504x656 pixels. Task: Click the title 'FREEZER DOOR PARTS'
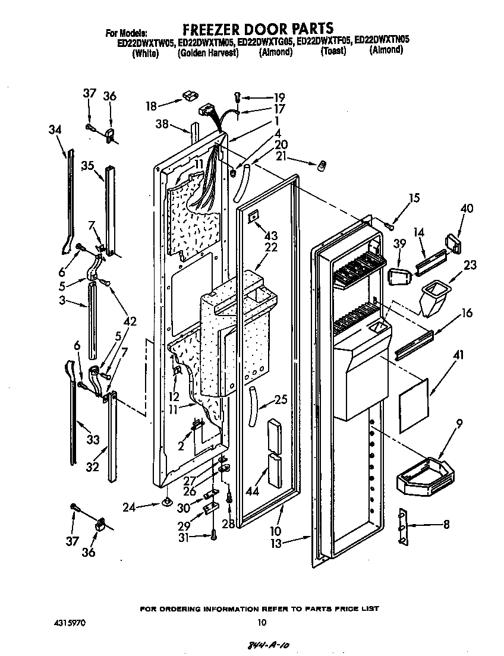click(x=257, y=28)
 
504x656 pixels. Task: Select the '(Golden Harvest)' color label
click(x=207, y=53)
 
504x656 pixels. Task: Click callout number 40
click(x=467, y=208)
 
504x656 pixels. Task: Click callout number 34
click(x=55, y=129)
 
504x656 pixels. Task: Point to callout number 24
click(x=128, y=507)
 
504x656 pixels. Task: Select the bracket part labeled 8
click(x=404, y=526)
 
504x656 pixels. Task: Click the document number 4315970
click(x=69, y=623)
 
